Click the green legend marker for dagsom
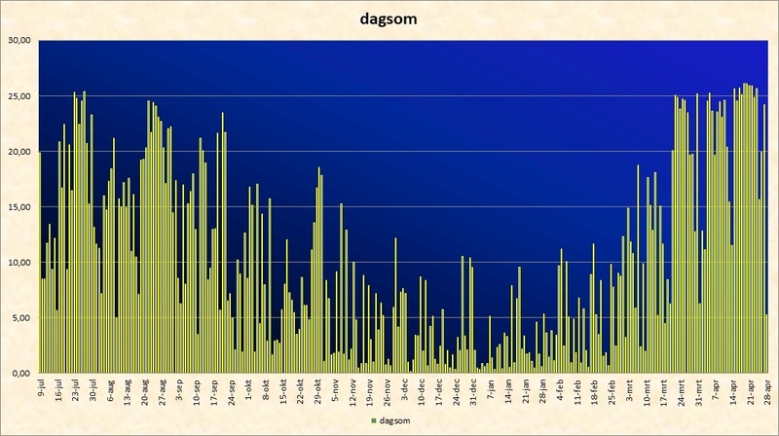click(374, 420)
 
